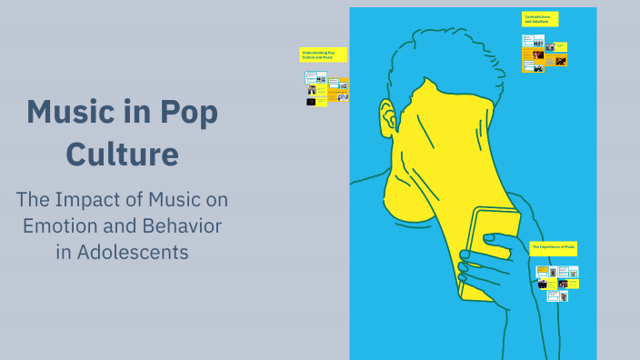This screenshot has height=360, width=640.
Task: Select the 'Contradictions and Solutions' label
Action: click(x=540, y=19)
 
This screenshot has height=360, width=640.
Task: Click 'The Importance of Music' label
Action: click(x=553, y=247)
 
